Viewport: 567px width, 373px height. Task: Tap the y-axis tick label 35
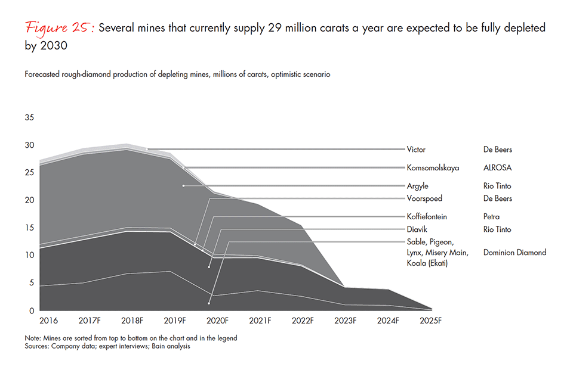click(x=29, y=117)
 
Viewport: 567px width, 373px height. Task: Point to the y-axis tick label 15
click(x=29, y=228)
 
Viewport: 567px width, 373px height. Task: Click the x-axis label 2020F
click(x=217, y=321)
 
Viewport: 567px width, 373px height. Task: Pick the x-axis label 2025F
click(x=431, y=321)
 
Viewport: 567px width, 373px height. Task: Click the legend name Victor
click(x=416, y=150)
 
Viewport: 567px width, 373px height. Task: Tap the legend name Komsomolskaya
click(x=433, y=168)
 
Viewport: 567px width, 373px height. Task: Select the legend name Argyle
click(x=417, y=186)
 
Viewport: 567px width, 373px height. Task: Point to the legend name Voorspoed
click(x=424, y=198)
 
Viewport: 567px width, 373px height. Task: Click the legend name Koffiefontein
click(x=427, y=217)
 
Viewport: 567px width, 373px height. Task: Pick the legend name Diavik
click(x=417, y=229)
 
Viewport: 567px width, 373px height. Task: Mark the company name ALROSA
click(x=498, y=168)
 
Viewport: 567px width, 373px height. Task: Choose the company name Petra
click(x=492, y=217)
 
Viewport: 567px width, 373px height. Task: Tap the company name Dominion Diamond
click(x=515, y=253)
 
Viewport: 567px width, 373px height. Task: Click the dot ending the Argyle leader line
click(x=183, y=186)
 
